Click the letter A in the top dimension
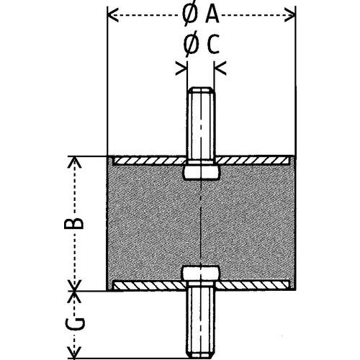[x=212, y=14]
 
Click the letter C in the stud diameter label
[x=212, y=44]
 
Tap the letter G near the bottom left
[x=74, y=323]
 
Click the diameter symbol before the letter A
[x=190, y=14]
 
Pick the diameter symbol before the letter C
[x=192, y=45]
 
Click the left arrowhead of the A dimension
[x=113, y=15]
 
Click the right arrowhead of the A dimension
[x=289, y=15]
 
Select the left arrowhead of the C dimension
[x=181, y=68]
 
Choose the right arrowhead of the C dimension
[x=220, y=68]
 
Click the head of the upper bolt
[x=202, y=171]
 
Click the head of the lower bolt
[x=201, y=274]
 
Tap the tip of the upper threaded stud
[x=202, y=88]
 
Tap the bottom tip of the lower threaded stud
[x=201, y=358]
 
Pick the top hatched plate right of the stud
[x=252, y=161]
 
